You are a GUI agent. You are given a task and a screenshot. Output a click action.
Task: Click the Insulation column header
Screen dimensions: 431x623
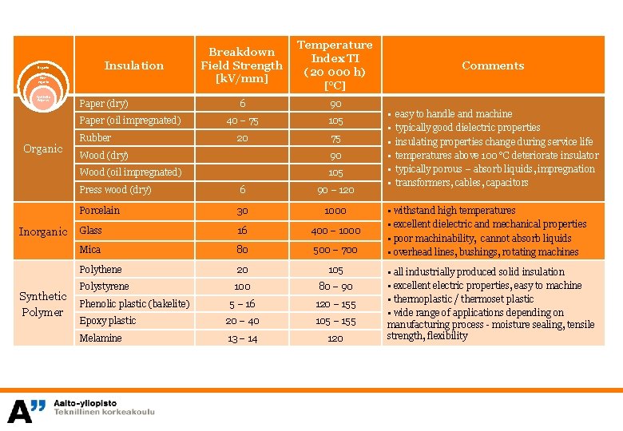(x=133, y=65)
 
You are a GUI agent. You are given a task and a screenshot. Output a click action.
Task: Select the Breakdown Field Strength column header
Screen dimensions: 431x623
(x=241, y=65)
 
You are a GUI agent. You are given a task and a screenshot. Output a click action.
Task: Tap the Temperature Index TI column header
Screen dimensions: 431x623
(x=335, y=65)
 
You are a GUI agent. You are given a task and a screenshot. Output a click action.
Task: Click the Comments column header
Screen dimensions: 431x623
(x=493, y=65)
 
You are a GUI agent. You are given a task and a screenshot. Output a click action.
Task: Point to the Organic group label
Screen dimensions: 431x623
(x=43, y=148)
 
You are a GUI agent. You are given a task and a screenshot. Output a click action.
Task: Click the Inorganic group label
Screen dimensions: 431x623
(x=43, y=231)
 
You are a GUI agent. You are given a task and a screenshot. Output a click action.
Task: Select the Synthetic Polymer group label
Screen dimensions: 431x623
(x=43, y=304)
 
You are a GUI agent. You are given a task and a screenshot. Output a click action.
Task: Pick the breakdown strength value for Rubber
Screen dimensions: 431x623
(x=242, y=138)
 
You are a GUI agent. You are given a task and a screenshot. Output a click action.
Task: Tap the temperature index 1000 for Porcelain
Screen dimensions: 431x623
(x=335, y=211)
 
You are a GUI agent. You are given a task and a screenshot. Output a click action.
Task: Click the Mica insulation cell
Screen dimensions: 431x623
(x=90, y=250)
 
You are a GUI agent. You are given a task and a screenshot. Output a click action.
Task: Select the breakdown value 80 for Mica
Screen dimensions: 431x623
(x=242, y=250)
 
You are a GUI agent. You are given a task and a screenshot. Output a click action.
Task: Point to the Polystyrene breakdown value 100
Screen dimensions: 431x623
(x=242, y=287)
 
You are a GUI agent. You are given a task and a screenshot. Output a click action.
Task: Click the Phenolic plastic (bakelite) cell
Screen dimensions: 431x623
(x=134, y=303)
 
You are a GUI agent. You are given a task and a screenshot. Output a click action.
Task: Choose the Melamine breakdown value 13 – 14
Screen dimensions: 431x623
(x=242, y=338)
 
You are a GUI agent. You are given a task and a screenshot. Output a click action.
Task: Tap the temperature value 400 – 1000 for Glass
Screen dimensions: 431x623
(x=335, y=231)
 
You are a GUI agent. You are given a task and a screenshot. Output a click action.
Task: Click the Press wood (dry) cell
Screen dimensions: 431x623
(x=115, y=190)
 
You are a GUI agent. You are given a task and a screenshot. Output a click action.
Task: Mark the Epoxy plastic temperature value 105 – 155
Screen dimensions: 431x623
(x=335, y=321)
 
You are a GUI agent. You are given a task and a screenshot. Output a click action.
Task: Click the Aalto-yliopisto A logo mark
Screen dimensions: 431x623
(x=26, y=410)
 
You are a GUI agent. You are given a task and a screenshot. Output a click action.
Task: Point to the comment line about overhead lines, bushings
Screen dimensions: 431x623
(x=485, y=252)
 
